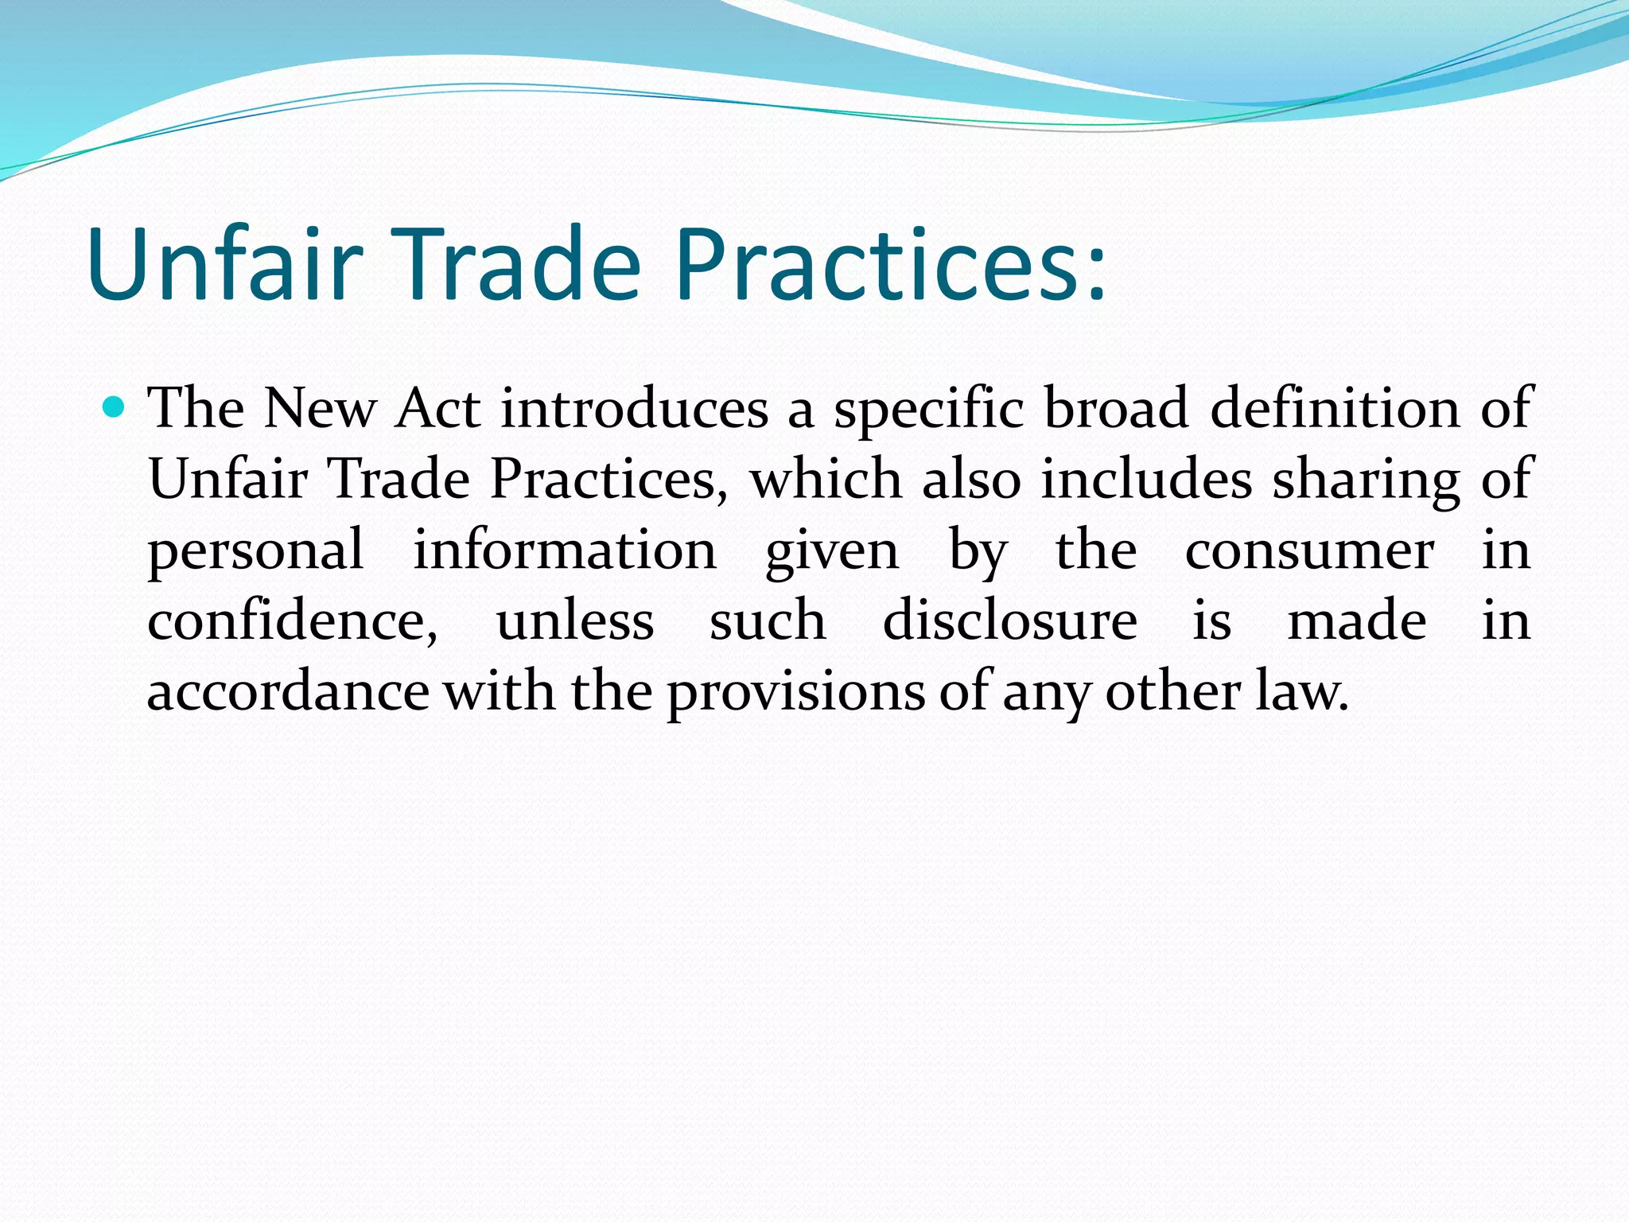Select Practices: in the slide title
tap(890, 264)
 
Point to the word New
tap(320, 408)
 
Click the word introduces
tap(634, 408)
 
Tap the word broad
tap(1116, 408)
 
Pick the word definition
tap(1335, 408)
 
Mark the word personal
tap(255, 551)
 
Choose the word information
tap(565, 550)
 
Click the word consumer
tap(1309, 551)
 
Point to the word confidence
tap(292, 621)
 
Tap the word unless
tap(575, 621)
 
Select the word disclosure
tap(1010, 621)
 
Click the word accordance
tap(288, 691)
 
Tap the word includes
tap(1147, 480)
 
